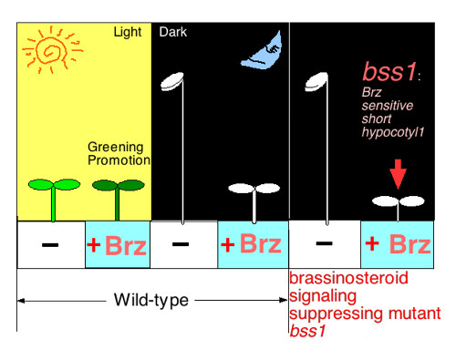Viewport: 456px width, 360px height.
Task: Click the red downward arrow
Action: pos(396,173)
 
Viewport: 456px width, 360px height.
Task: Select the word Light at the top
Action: pos(128,33)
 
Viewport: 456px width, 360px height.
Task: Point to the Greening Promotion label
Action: pos(119,153)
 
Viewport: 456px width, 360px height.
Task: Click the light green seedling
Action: pos(53,186)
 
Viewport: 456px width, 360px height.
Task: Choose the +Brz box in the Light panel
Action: pos(117,245)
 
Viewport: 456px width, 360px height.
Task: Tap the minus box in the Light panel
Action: pos(51,245)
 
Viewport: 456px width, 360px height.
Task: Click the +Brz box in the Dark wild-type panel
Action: pos(253,245)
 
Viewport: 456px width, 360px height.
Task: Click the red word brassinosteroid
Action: pos(347,277)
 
